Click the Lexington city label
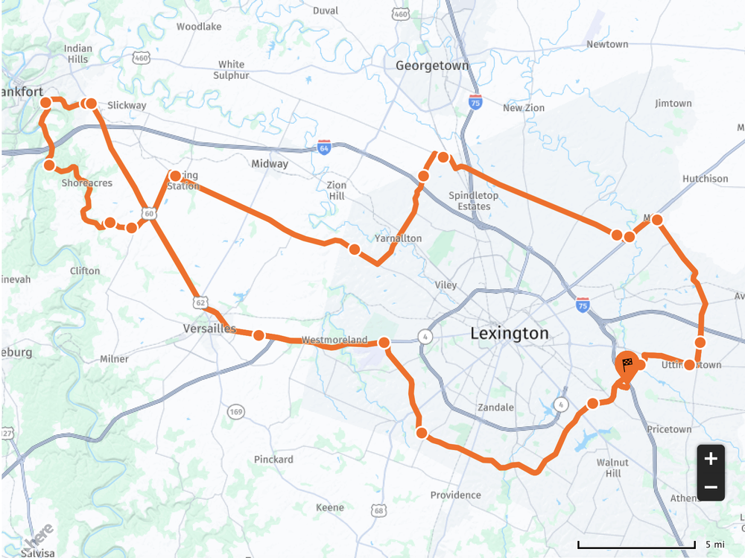pos(509,334)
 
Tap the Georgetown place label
pos(432,66)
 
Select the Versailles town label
pos(209,329)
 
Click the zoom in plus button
pos(711,458)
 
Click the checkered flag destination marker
pos(627,364)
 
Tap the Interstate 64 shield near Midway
pos(323,146)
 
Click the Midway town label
pos(270,164)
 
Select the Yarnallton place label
pos(398,238)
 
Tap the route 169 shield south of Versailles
pos(237,412)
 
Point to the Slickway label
pos(127,105)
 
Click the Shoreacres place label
pos(86,183)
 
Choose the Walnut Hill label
pos(613,468)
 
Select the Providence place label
pos(455,495)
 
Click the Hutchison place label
pos(705,179)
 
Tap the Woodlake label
pos(199,27)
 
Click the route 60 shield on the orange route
pos(150,214)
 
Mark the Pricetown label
pos(669,430)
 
